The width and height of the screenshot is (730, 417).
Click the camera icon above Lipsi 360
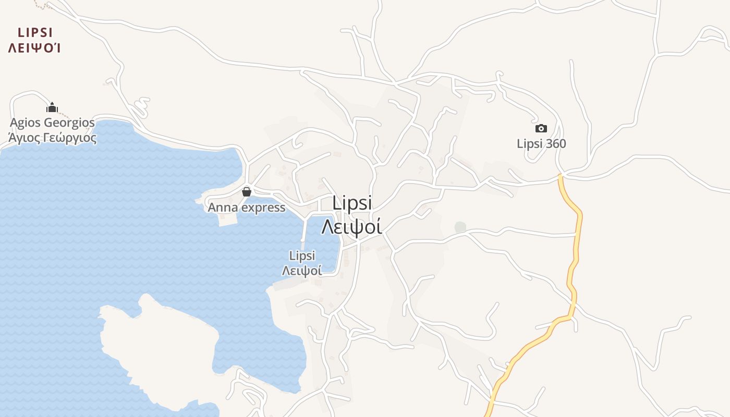click(541, 128)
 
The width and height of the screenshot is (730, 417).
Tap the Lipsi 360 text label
click(541, 143)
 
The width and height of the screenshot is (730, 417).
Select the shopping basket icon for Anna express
click(247, 192)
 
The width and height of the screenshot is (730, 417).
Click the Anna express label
click(247, 207)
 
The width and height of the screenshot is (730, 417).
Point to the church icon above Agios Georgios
click(52, 107)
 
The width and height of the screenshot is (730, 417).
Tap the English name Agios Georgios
click(52, 123)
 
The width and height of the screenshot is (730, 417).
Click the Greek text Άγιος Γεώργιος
click(52, 138)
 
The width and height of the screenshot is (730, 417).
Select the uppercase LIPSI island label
click(35, 33)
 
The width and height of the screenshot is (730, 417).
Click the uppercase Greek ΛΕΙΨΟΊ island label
click(35, 48)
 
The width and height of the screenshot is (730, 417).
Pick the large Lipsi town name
click(352, 203)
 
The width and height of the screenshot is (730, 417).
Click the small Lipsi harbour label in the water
click(302, 256)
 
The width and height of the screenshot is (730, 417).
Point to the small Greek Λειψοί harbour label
click(302, 271)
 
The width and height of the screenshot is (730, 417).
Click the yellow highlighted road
click(577, 245)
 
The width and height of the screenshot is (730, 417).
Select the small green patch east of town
click(460, 227)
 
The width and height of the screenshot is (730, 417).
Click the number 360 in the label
click(556, 143)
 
